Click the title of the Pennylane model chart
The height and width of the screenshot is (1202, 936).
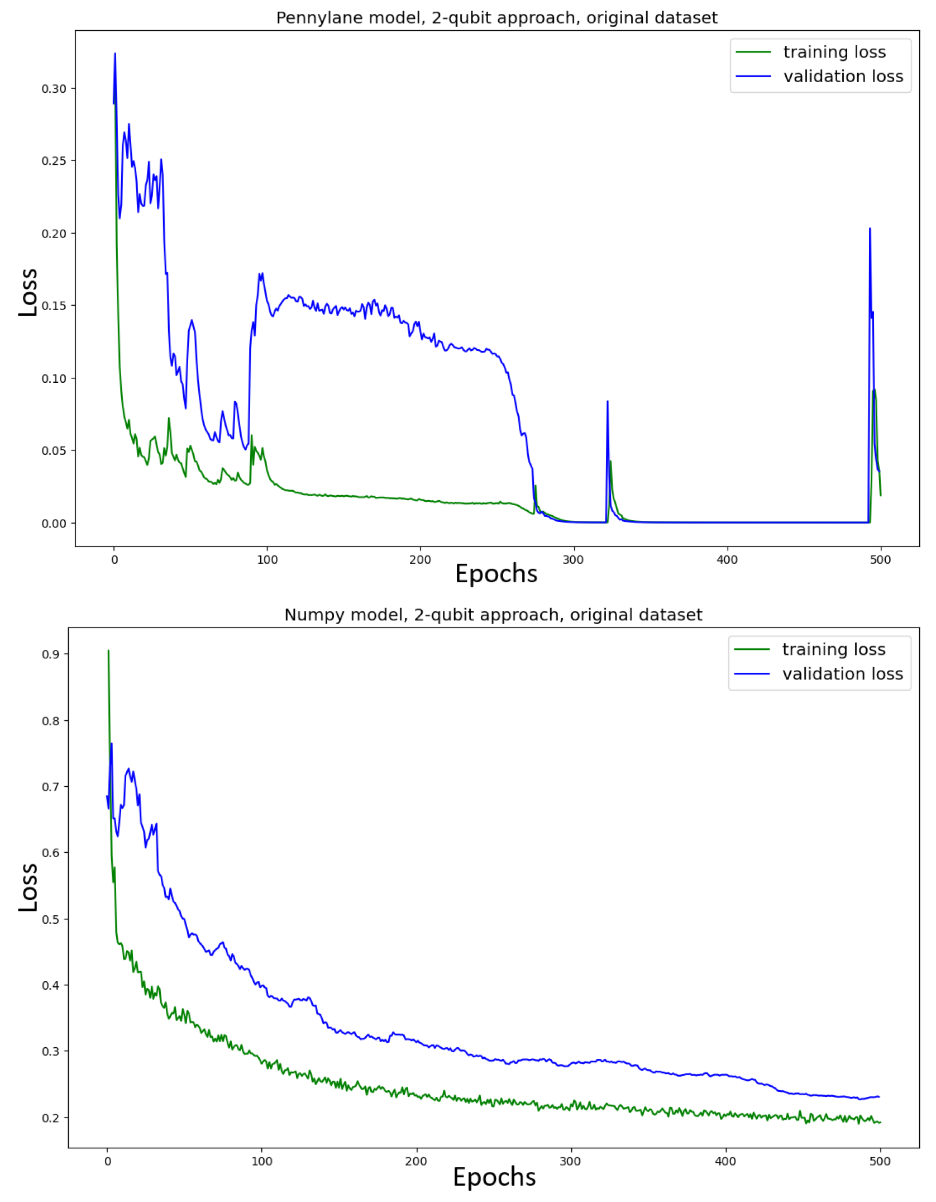(496, 18)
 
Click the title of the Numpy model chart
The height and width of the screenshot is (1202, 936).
(493, 615)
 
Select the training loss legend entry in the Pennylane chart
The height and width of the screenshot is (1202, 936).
(834, 52)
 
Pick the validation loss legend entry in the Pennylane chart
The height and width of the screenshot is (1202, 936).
(843, 76)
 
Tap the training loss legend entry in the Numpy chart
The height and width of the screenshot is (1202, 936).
(833, 649)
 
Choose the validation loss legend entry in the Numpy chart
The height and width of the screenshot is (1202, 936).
(842, 674)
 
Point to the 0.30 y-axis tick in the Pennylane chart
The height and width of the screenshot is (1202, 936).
(54, 89)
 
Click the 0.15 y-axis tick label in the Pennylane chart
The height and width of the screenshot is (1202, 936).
(54, 306)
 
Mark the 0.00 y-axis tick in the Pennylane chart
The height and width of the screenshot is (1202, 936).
(54, 524)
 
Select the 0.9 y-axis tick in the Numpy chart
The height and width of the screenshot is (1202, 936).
(51, 654)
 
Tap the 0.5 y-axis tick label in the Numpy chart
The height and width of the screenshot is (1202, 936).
(51, 919)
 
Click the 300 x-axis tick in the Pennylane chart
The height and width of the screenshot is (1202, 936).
(573, 560)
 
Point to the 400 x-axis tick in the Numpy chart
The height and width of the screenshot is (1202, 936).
(725, 1162)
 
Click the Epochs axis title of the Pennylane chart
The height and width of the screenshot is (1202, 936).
(496, 574)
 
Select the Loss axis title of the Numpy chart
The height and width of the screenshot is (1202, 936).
(28, 888)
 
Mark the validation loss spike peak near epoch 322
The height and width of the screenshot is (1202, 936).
(608, 401)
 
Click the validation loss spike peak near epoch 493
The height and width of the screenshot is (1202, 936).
(870, 229)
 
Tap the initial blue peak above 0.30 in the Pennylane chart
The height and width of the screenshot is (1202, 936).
(115, 54)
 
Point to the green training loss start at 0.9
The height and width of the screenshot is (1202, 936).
(108, 650)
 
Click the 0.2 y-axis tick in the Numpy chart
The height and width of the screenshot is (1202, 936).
(51, 1118)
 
